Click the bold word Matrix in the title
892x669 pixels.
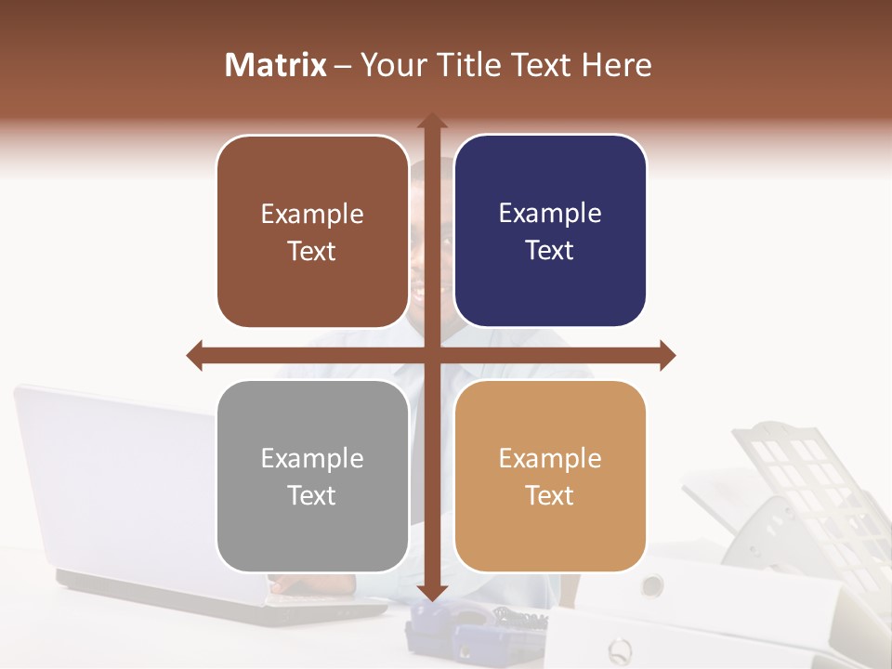point(276,65)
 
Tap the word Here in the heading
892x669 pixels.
point(616,65)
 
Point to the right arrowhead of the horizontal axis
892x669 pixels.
point(667,355)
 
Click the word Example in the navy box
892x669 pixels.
point(550,214)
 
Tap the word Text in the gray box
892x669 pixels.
point(311,495)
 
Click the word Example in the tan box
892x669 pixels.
point(550,458)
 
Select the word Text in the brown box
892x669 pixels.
point(311,251)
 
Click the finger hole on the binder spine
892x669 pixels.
point(652,584)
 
